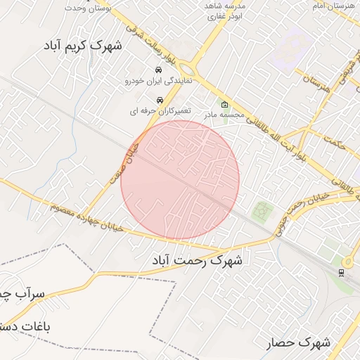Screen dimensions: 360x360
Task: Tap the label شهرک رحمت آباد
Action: pyautogui.click(x=197, y=261)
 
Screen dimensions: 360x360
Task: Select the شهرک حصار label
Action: pyautogui.click(x=299, y=343)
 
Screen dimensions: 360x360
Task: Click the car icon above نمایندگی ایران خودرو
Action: pyautogui.click(x=160, y=70)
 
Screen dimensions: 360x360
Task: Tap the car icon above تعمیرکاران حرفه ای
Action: pyautogui.click(x=160, y=100)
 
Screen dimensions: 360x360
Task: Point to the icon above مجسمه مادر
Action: pyautogui.click(x=224, y=104)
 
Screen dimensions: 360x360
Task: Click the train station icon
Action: pyautogui.click(x=341, y=272)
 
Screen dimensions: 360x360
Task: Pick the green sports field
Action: pyautogui.click(x=262, y=210)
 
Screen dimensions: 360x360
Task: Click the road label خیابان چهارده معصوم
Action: pyautogui.click(x=87, y=218)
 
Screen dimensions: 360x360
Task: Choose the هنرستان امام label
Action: pyautogui.click(x=333, y=6)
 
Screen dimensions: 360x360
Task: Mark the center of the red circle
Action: pyautogui.click(x=180, y=180)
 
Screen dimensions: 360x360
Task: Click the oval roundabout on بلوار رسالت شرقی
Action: pyautogui.click(x=188, y=69)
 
